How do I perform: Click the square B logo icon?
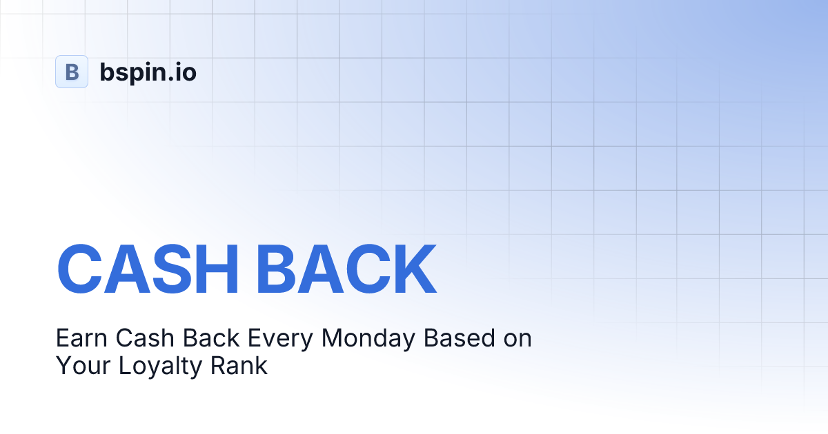point(72,72)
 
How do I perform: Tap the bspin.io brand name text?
point(148,72)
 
